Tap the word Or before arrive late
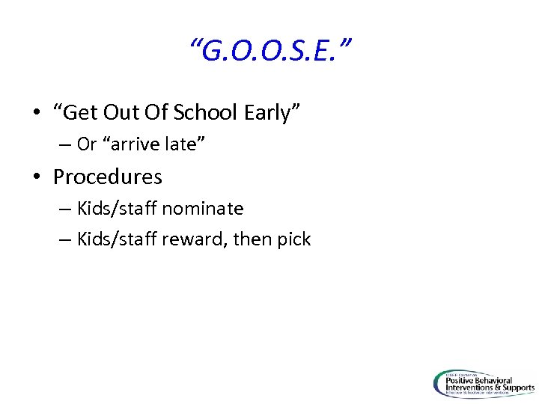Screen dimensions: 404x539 (86, 144)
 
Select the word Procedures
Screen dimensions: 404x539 (108, 177)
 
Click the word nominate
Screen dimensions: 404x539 (202, 208)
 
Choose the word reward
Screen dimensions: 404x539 (193, 239)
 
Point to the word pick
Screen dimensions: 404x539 (295, 239)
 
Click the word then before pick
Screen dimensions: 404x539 (255, 239)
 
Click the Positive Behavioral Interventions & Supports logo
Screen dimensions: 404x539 (484, 384)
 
